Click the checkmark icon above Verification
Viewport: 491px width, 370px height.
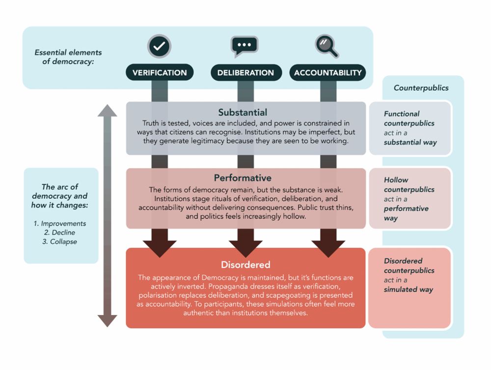point(159,47)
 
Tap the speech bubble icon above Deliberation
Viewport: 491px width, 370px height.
point(244,47)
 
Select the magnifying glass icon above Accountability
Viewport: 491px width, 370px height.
point(327,46)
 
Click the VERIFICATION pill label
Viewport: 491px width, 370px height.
point(160,73)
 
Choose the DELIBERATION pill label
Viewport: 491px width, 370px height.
point(246,73)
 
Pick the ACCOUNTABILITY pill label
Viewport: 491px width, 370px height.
point(327,73)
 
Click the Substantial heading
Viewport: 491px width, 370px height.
point(243,113)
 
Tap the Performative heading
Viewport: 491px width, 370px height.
point(243,178)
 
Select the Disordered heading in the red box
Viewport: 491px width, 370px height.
point(245,265)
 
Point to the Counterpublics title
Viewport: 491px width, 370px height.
point(421,88)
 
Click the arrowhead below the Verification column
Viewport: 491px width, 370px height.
point(160,248)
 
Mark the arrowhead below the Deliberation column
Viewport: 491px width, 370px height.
point(245,248)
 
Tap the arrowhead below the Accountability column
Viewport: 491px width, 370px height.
point(328,248)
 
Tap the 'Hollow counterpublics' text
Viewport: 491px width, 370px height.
point(409,185)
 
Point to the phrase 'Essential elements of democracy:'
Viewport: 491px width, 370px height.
point(68,57)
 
